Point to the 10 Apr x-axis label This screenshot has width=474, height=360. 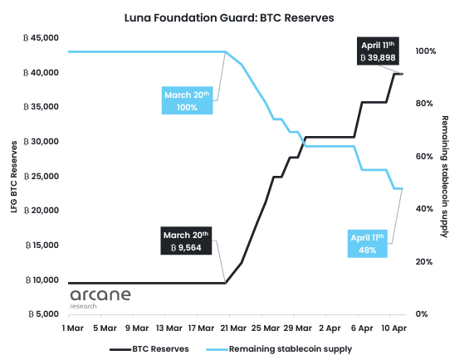393,328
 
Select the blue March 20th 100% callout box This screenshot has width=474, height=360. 188,101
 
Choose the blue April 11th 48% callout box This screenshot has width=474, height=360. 368,243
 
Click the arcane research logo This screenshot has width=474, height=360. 96,299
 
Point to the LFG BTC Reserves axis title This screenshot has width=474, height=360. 13,176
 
